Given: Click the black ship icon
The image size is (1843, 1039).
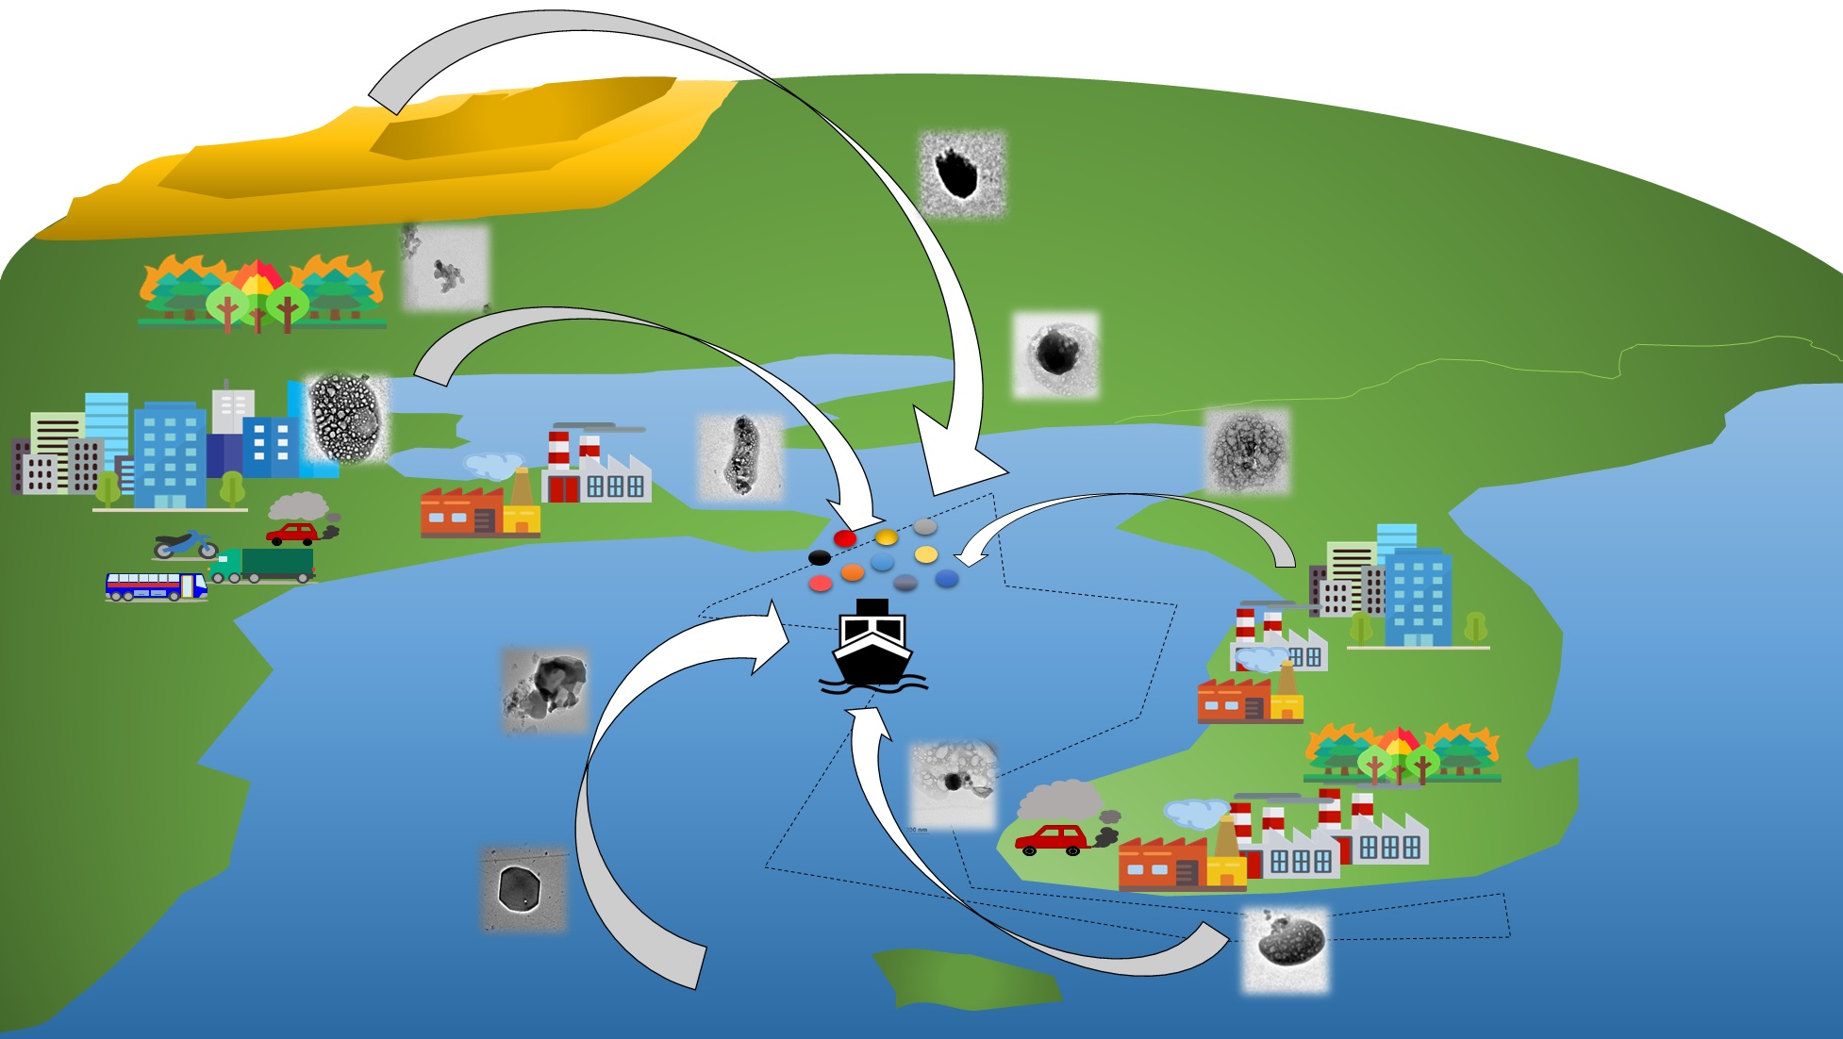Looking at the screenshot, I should click(x=872, y=646).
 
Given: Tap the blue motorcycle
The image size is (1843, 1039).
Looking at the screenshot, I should click(x=186, y=545).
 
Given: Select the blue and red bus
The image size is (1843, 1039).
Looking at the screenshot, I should click(x=156, y=586).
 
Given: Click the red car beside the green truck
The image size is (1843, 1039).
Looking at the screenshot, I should click(x=294, y=534).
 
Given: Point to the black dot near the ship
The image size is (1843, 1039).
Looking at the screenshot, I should click(x=820, y=558).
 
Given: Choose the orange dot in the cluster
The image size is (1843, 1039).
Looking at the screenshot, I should click(x=852, y=572).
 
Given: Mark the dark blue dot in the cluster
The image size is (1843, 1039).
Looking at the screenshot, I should click(x=946, y=578).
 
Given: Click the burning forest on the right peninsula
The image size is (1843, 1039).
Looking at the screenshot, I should click(x=1401, y=753).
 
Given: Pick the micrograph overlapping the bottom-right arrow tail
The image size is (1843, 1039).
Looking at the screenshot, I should click(x=1285, y=948).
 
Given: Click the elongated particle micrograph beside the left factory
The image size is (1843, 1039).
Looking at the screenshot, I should click(x=740, y=456).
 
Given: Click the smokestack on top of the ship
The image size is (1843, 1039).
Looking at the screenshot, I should click(x=872, y=606).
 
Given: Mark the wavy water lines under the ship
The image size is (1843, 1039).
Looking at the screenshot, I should click(x=872, y=685).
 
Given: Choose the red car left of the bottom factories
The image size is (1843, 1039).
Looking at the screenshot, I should click(x=1051, y=838).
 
